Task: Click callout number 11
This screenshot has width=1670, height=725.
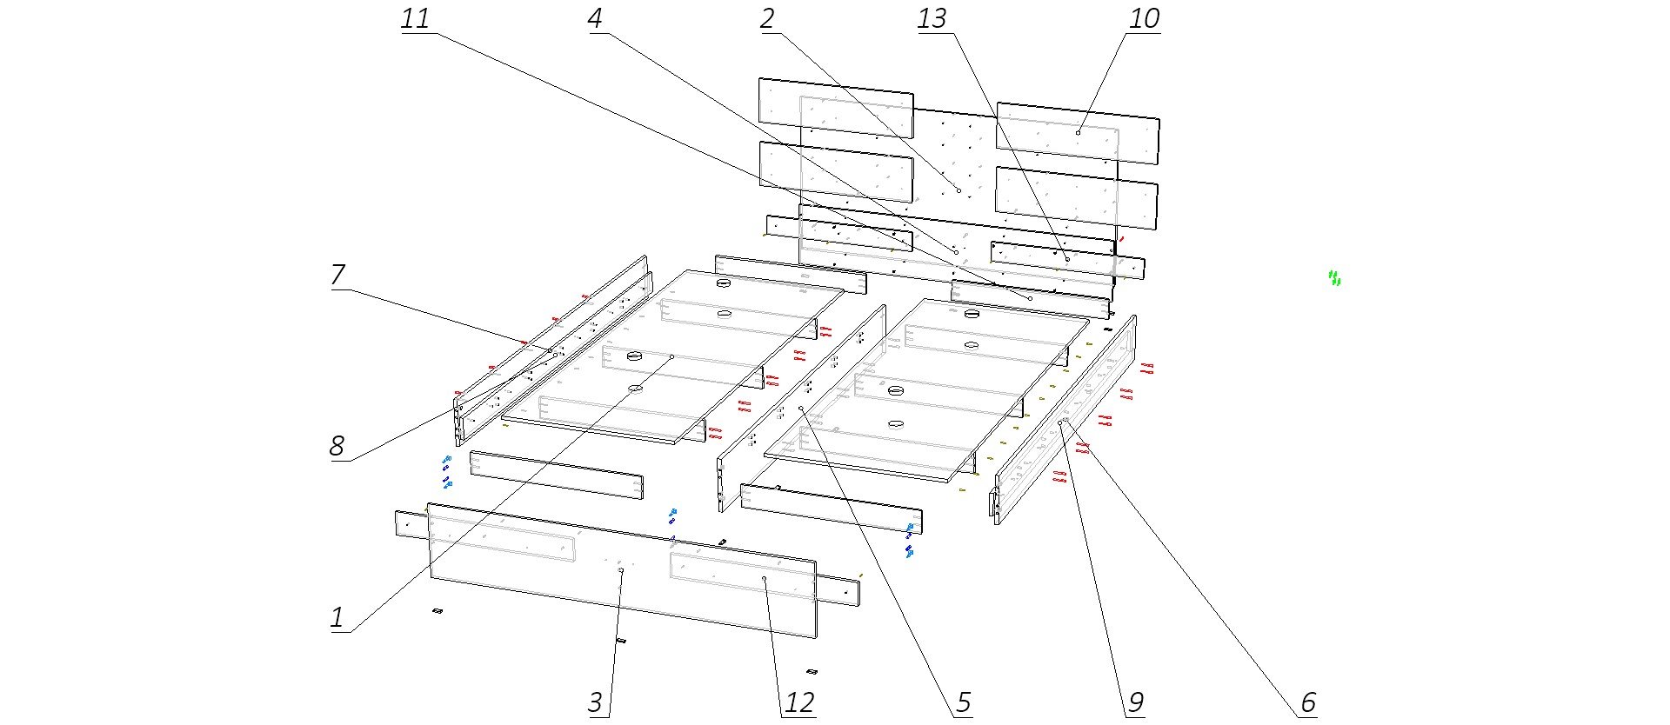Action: click(416, 19)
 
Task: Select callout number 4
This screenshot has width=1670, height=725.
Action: click(596, 19)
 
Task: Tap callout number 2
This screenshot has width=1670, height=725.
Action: click(767, 19)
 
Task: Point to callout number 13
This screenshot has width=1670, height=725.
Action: click(932, 19)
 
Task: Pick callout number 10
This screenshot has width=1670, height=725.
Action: click(1144, 19)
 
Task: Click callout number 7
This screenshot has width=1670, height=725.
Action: click(338, 275)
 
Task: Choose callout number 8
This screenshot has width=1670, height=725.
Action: click(337, 446)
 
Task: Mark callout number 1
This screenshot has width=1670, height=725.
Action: click(337, 618)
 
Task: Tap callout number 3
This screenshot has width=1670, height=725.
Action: click(596, 702)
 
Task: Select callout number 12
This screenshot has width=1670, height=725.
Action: click(799, 702)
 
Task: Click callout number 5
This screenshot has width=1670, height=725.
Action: click(964, 702)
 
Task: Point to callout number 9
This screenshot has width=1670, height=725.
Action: click(1136, 702)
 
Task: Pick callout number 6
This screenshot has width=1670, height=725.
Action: click(1308, 702)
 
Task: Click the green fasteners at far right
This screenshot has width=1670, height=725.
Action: click(1334, 278)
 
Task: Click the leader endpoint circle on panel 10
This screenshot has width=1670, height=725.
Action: click(1078, 133)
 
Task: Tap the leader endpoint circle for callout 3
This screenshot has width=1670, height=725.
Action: click(621, 571)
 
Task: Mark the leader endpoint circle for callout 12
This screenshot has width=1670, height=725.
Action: click(764, 579)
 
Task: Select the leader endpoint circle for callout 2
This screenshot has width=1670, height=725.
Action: click(959, 190)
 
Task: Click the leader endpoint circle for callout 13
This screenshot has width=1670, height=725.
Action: click(1067, 259)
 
